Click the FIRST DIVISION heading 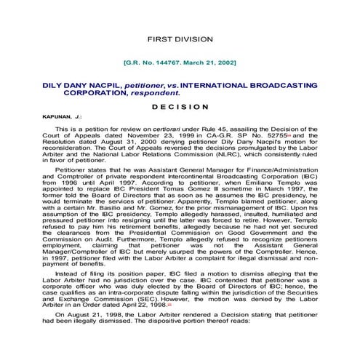coord(180,38)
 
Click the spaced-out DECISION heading coord(180,106)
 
